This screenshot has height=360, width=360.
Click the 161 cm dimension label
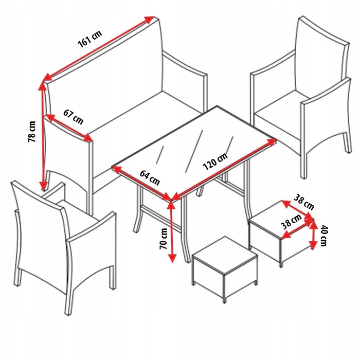click(x=90, y=39)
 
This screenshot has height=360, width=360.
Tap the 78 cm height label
click(x=32, y=132)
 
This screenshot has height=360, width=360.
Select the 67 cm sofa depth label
click(x=73, y=117)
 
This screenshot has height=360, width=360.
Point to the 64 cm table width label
click(x=150, y=177)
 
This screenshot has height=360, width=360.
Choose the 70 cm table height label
click(x=164, y=239)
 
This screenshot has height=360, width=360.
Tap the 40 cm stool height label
click(x=324, y=236)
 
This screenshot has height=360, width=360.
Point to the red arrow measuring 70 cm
click(x=172, y=232)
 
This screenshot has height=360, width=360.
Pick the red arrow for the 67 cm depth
click(x=69, y=128)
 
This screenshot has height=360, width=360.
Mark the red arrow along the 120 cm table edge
click(x=224, y=169)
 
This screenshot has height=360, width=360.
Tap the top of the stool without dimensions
click(x=225, y=255)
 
